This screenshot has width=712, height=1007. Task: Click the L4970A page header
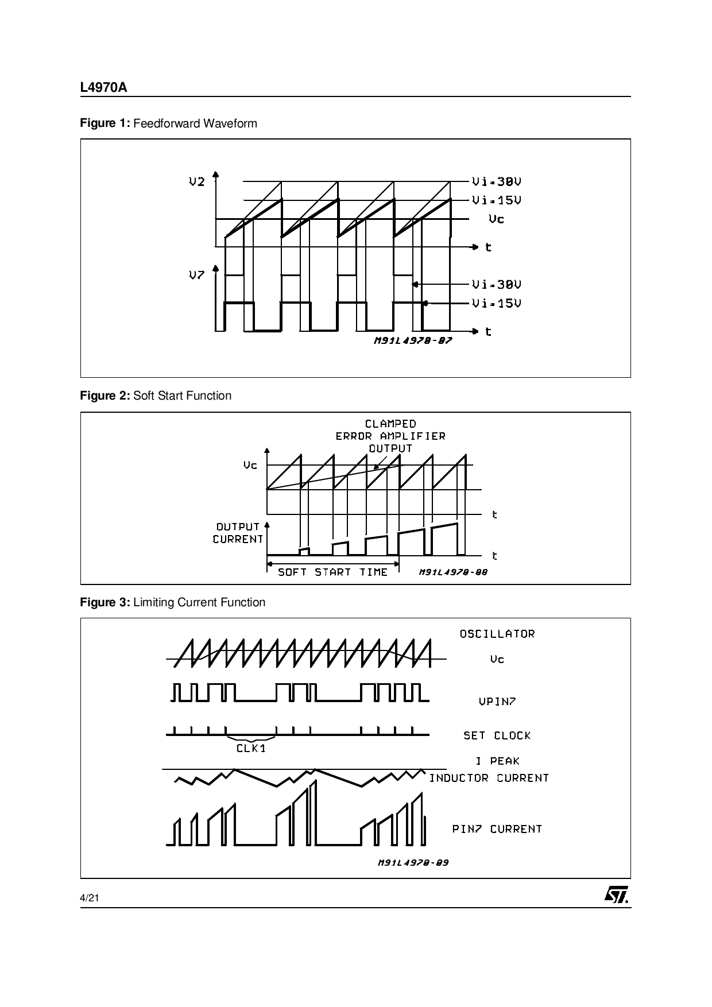point(103,88)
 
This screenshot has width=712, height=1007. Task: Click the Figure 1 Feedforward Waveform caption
point(168,123)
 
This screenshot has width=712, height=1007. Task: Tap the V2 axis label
point(196,182)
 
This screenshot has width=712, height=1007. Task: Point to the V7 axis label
point(196,275)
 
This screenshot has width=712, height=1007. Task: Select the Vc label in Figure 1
point(496,219)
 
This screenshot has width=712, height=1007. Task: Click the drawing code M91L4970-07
point(413,340)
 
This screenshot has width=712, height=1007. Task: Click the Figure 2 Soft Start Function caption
point(156,396)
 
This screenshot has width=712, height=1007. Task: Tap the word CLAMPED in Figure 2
point(390,424)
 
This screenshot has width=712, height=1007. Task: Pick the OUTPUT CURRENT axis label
point(238,533)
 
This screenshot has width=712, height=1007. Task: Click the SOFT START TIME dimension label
point(332,572)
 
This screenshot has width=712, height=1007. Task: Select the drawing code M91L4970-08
point(453,572)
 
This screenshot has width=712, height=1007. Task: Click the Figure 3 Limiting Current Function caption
point(172,602)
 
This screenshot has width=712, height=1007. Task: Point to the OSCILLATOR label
point(497,634)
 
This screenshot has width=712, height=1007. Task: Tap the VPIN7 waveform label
point(497,701)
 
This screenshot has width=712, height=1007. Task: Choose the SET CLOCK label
point(497,735)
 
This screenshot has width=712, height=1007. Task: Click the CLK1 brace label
point(251,749)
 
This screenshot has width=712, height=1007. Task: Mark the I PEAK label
point(497,761)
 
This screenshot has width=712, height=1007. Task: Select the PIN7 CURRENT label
point(497,828)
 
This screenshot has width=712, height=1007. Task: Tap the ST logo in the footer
point(616,895)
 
